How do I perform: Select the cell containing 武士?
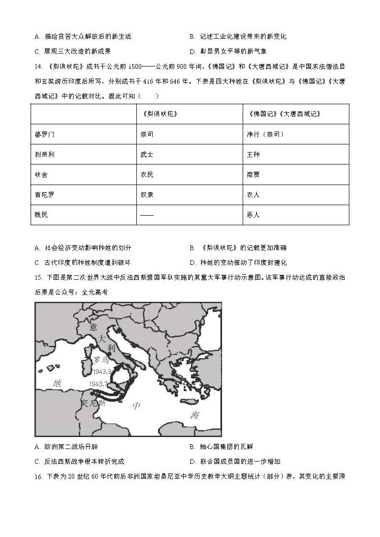pos(147,154)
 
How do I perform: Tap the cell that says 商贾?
pos(253,175)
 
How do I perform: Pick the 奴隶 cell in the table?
pos(147,195)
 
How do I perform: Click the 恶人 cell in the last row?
pos(253,215)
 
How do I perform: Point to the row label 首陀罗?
pos(45,195)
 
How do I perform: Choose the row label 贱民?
pos(42,215)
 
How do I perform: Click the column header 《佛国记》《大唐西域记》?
pos(285,114)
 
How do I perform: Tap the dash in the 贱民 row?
pos(147,215)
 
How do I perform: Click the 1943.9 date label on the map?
pos(102,372)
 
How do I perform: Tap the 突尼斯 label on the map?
pos(93,403)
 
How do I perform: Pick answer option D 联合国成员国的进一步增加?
pos(235,461)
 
